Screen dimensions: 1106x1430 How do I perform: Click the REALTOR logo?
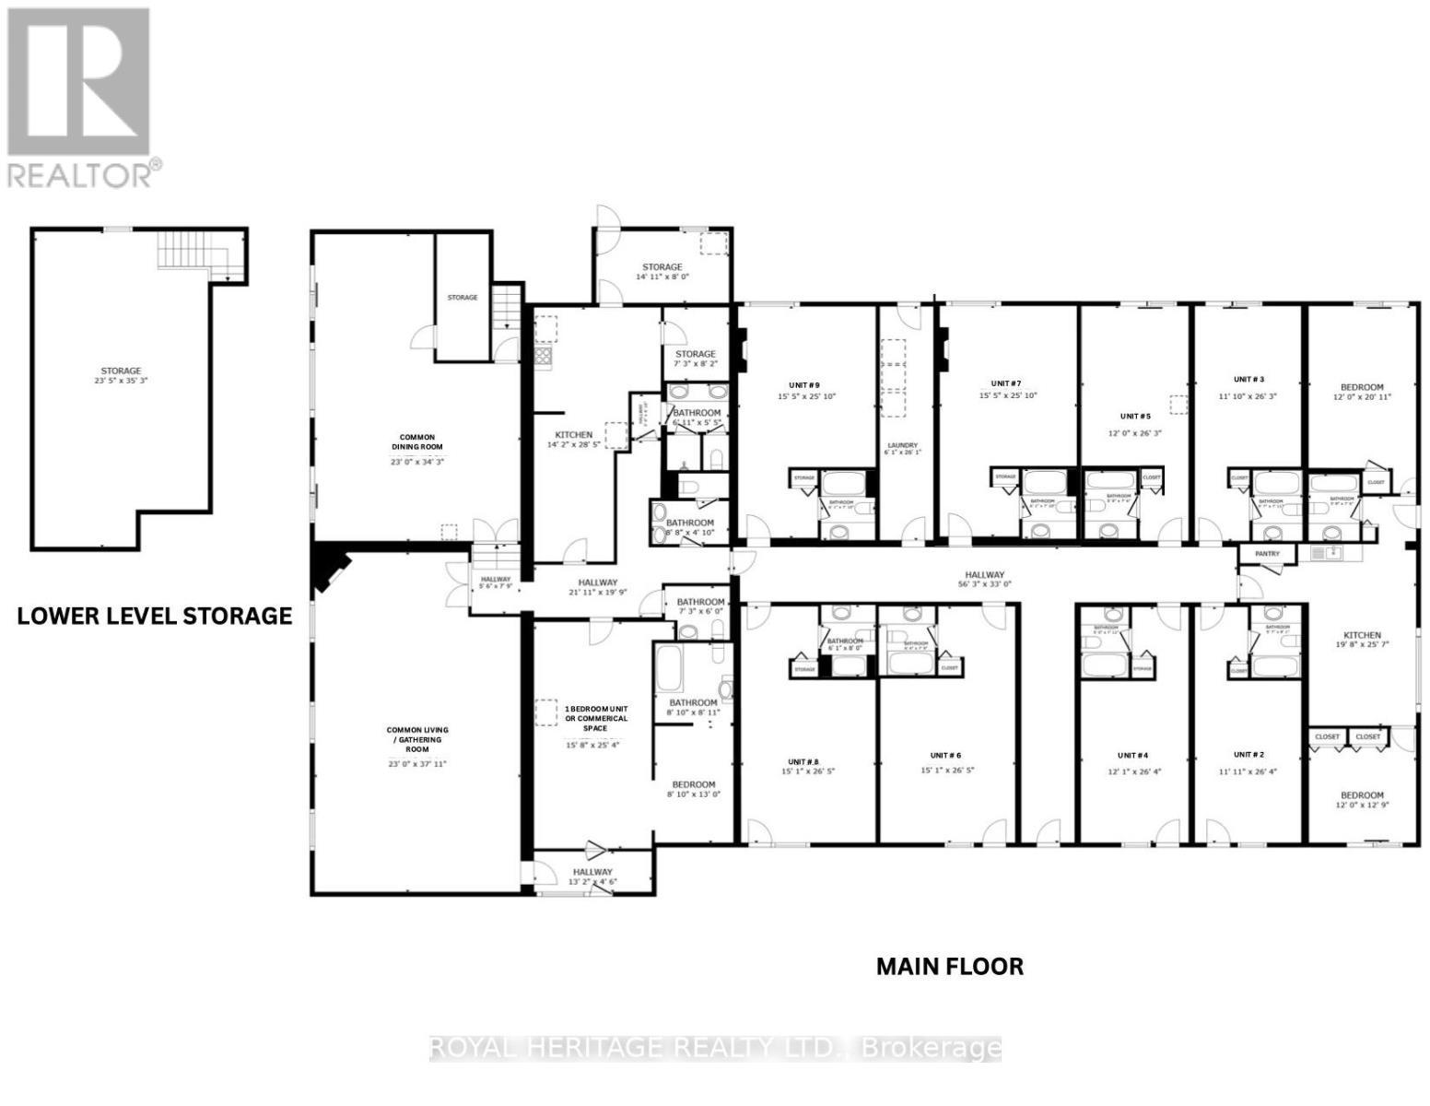(x=79, y=97)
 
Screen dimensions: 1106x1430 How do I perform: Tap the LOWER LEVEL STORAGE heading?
(x=155, y=616)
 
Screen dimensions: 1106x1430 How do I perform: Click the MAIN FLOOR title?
(x=949, y=966)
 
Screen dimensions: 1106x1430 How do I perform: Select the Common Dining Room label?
(x=416, y=442)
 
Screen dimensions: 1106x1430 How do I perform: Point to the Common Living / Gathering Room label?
(x=416, y=739)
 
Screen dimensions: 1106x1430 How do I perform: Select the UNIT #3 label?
(x=1248, y=379)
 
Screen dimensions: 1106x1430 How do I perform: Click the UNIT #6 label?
(x=945, y=755)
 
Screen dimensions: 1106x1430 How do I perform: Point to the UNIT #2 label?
(x=1248, y=755)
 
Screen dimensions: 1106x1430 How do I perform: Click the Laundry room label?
(x=902, y=445)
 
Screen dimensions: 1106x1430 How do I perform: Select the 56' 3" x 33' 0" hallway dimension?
(x=985, y=583)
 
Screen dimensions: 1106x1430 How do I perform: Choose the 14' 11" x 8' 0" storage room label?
(x=662, y=272)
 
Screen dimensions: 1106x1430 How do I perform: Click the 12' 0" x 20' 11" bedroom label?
(x=1361, y=392)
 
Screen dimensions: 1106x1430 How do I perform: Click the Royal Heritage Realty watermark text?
(x=715, y=1048)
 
